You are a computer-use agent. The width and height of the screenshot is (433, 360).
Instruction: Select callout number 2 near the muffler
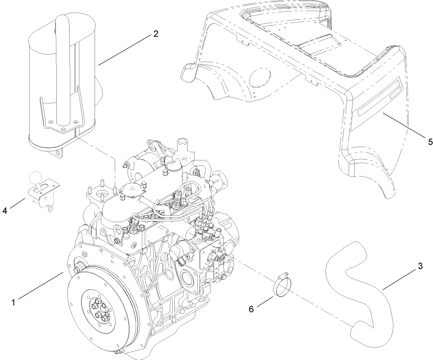(155, 34)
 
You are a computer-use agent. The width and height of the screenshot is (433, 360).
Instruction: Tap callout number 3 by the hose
(420, 266)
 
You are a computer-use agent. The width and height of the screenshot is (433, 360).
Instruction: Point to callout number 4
(5, 211)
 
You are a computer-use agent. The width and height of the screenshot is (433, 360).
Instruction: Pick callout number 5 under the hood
(430, 142)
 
